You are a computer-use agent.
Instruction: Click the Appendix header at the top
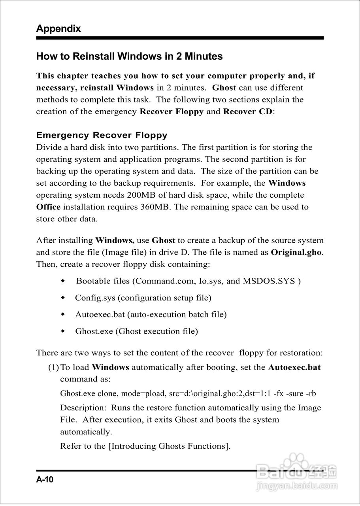click(x=58, y=28)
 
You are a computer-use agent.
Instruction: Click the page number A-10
click(x=45, y=480)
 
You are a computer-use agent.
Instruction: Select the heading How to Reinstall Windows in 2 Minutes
click(x=129, y=56)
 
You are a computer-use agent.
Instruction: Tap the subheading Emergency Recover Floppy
click(x=102, y=135)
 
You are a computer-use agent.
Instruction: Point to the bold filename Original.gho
click(x=296, y=252)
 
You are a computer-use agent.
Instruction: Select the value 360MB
click(x=155, y=207)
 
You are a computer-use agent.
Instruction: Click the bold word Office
click(x=48, y=207)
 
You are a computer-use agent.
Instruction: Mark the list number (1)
click(x=53, y=367)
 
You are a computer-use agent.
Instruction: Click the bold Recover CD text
click(x=248, y=111)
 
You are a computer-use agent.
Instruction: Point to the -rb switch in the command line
click(x=311, y=394)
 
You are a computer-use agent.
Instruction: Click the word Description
click(x=82, y=408)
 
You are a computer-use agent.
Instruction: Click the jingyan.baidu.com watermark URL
click(x=296, y=485)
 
